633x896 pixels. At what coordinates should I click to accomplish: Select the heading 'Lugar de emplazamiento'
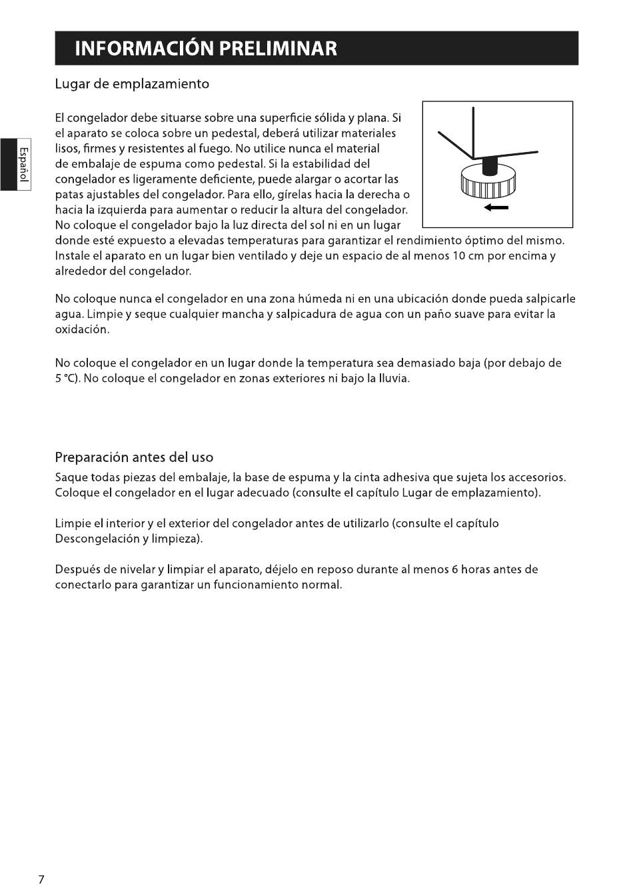pyautogui.click(x=132, y=84)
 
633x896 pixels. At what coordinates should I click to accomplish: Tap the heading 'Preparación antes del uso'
pyautogui.click(x=134, y=457)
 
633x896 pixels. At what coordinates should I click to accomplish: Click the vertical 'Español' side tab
pyautogui.click(x=23, y=164)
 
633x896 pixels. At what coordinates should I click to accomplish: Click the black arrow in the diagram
pyautogui.click(x=496, y=208)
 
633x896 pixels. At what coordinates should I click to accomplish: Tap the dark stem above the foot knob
pyautogui.click(x=490, y=164)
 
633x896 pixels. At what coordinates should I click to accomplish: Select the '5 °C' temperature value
pyautogui.click(x=67, y=379)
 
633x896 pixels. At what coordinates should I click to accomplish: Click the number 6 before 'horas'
pyautogui.click(x=455, y=570)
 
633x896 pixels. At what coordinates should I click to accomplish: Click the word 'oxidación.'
pyautogui.click(x=82, y=330)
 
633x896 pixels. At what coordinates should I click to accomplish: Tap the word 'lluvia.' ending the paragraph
pyautogui.click(x=393, y=379)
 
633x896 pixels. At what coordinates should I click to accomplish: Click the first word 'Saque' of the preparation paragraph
pyautogui.click(x=71, y=478)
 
